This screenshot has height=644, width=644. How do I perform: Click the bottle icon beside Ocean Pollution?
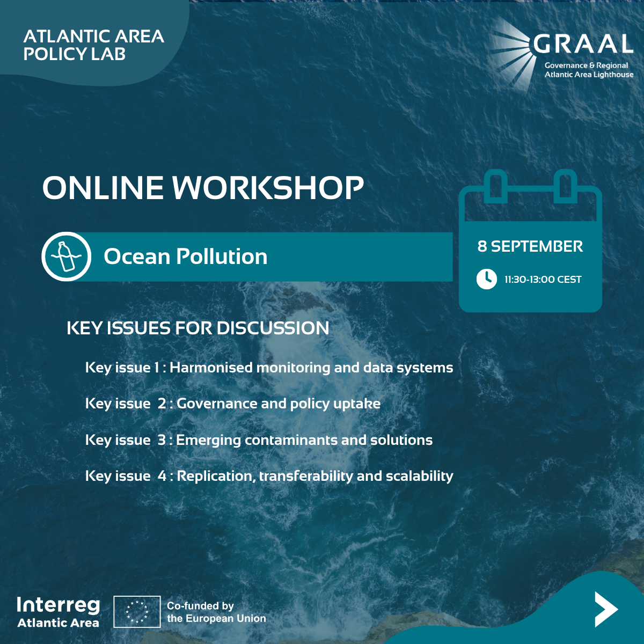[66, 257]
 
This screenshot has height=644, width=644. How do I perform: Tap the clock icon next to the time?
[486, 279]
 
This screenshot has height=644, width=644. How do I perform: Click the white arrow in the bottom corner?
[605, 609]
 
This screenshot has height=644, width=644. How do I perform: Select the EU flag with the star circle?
[137, 612]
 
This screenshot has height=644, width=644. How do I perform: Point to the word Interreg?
[58, 605]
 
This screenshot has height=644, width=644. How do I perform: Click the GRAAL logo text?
[583, 43]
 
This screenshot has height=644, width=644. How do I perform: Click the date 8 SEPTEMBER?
[530, 246]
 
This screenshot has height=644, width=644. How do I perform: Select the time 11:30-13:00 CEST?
[543, 280]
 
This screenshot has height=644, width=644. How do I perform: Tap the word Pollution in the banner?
[222, 257]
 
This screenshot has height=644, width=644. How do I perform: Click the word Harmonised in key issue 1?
[211, 368]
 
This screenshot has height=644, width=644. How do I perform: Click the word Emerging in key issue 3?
[208, 441]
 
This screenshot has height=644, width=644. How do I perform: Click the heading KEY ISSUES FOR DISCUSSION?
[198, 328]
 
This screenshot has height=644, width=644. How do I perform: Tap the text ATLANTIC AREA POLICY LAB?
[93, 45]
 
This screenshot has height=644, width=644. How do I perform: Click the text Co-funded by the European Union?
[216, 612]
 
